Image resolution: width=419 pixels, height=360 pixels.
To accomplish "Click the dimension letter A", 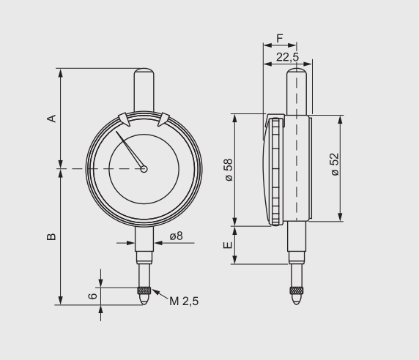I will click(x=51, y=119).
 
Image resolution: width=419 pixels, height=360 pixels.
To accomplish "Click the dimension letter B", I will click(x=51, y=237).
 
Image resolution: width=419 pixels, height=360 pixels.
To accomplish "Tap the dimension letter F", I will click(x=280, y=38).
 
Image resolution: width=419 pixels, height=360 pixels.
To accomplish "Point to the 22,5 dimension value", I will click(x=287, y=56).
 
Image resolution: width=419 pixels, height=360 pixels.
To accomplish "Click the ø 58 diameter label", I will click(x=229, y=169).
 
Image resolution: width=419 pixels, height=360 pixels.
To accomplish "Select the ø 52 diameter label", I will click(x=335, y=164).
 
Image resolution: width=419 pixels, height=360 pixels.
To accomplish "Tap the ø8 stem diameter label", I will click(x=176, y=236).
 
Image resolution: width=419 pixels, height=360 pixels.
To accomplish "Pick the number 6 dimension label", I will click(x=92, y=296).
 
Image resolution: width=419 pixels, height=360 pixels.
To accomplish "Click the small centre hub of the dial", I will click(x=144, y=169).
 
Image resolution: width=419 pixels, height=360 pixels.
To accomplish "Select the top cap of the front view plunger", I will click(x=144, y=75).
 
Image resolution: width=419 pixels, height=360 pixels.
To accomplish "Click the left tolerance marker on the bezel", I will click(x=123, y=118).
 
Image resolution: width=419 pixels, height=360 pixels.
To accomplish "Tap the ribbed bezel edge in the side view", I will click(x=276, y=172).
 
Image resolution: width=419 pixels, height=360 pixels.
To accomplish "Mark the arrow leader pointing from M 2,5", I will click(x=160, y=295).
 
